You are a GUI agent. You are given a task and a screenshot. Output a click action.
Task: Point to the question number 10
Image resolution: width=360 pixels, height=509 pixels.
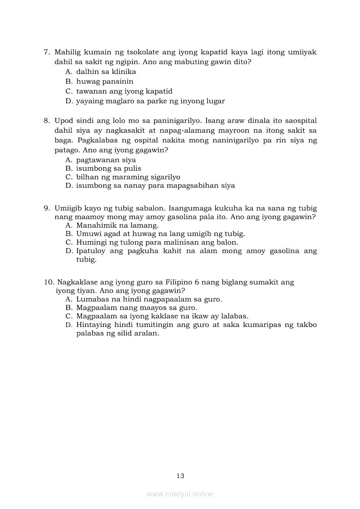48,282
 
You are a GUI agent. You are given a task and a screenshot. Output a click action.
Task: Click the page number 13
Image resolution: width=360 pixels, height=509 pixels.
180,476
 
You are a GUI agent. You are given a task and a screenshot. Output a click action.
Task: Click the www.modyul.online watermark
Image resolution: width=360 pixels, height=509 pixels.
180,494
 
